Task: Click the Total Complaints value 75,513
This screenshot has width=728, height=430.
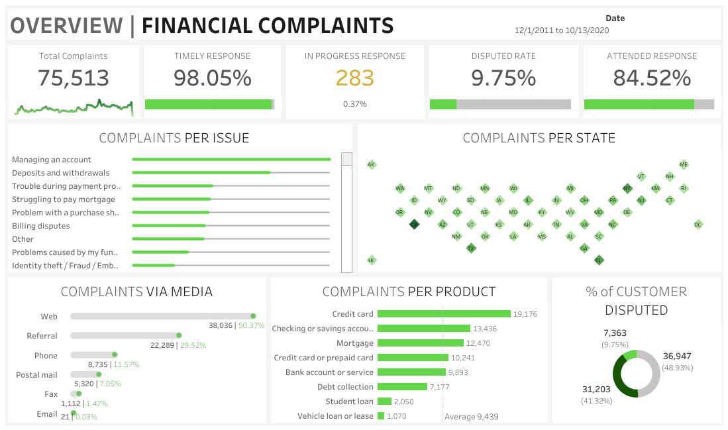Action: coord(73,78)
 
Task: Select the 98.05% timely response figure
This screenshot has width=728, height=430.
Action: coord(212,78)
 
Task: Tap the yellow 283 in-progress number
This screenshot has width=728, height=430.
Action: coord(354,78)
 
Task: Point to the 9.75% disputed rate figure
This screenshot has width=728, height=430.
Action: coord(503,78)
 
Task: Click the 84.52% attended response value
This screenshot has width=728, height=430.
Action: coord(651,78)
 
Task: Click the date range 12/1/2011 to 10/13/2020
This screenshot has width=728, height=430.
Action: coord(561,30)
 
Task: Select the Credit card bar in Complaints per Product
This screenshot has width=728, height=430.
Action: coord(444,314)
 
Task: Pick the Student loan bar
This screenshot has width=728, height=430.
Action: coord(384,402)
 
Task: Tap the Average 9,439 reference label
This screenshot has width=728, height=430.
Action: coord(471,417)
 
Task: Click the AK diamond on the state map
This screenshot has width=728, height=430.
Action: coord(372,164)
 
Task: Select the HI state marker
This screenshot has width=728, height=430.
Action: coord(372,260)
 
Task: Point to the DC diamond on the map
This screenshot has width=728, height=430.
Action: coord(698,225)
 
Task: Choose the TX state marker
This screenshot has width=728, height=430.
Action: coord(471,248)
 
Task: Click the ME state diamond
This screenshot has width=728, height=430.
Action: coord(684,164)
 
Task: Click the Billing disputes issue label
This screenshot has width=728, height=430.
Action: coord(40,226)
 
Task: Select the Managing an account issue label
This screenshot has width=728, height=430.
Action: coord(52,160)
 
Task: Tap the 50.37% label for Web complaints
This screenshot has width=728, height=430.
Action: coord(251,326)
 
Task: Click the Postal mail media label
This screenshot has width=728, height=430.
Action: coord(36,375)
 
